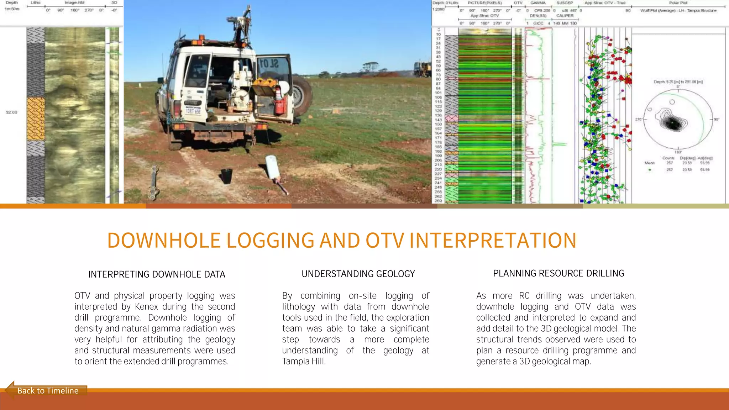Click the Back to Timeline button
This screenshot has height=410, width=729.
point(48,391)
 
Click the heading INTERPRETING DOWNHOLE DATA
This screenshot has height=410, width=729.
point(157,274)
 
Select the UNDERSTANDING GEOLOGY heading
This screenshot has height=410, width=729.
point(358,274)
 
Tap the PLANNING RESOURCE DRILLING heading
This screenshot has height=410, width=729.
point(558,273)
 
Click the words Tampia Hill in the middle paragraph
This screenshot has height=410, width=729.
point(303,362)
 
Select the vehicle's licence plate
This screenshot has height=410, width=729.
point(193,111)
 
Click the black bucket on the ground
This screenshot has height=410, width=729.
point(227,176)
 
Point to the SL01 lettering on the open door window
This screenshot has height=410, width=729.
point(269,64)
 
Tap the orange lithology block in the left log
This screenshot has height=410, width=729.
point(36,119)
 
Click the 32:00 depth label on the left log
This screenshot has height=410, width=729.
point(11,112)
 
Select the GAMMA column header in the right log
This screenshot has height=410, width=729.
point(538,3)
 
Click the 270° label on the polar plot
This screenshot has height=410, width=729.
point(638,119)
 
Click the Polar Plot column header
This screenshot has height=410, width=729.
point(678,3)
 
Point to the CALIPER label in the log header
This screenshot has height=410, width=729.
point(565,16)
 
